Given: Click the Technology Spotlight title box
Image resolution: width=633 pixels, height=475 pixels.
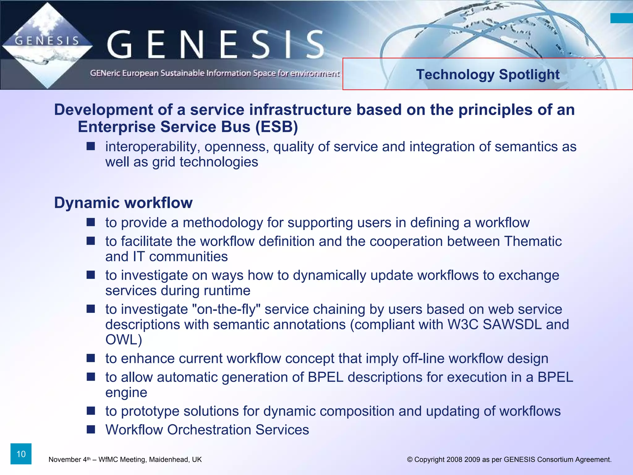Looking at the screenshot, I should click(x=487, y=74).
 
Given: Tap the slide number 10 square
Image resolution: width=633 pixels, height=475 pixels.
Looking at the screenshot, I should click(x=21, y=454).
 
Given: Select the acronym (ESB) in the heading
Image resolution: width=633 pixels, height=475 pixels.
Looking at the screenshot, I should click(x=277, y=127).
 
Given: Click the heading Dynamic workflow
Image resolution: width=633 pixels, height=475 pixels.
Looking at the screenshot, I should click(x=123, y=203).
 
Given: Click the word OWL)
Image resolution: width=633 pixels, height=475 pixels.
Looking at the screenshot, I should click(x=124, y=340).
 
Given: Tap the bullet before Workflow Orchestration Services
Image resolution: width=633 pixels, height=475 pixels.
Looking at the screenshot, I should click(x=91, y=429).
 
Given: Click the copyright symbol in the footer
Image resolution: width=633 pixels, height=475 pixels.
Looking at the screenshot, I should click(x=410, y=460).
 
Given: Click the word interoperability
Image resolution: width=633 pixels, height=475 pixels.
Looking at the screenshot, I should click(x=151, y=147).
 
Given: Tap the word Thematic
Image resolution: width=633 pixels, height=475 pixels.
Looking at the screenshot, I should click(x=533, y=241).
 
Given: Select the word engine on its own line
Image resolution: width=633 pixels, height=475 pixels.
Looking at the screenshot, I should click(x=126, y=393).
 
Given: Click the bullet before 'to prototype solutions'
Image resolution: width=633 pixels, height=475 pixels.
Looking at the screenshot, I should click(x=91, y=411).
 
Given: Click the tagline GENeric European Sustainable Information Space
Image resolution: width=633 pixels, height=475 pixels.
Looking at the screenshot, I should click(x=215, y=73).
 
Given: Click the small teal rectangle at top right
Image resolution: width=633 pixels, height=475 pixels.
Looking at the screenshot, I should click(x=622, y=18).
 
